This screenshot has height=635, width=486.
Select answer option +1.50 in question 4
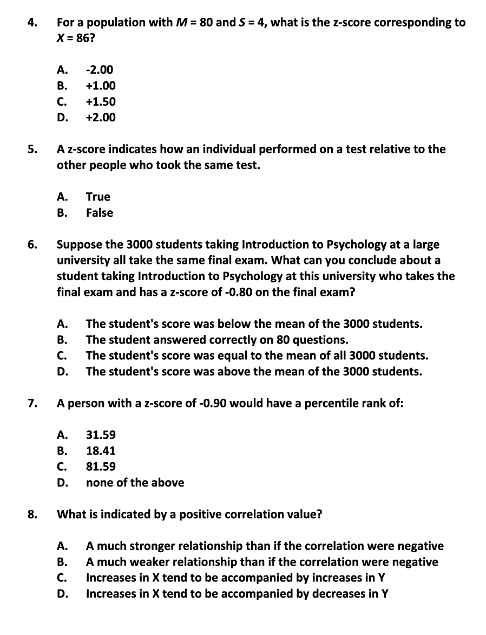point(101,102)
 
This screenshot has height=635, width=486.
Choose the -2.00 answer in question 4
point(100,70)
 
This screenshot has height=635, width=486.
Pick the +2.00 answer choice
point(101,118)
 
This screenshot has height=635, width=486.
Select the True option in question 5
point(98,197)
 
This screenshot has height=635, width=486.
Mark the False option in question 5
point(100,213)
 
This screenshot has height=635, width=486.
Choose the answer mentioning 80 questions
point(216,340)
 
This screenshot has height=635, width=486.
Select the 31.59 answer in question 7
point(101,435)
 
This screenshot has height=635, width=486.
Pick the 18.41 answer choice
point(101,451)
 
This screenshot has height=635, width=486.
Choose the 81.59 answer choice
point(101,466)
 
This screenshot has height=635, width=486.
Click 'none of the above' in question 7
point(135,483)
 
